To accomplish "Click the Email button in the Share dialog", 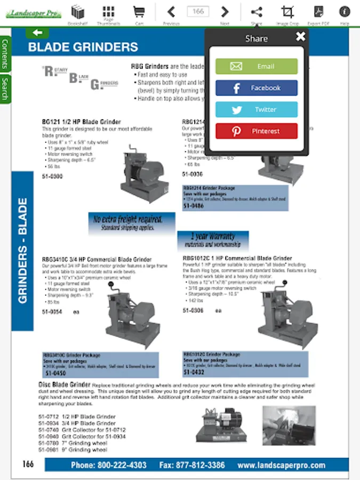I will click(256, 66).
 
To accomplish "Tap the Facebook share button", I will click(256, 88).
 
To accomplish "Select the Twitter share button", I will click(256, 109).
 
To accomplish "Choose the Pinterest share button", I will click(256, 131).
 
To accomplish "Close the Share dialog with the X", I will click(301, 36).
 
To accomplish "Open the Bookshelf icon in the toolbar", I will click(78, 12).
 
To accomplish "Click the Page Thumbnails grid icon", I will click(108, 12).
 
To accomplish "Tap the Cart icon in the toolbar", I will click(139, 12).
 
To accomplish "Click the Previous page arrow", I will click(171, 12).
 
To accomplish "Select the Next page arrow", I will click(225, 12).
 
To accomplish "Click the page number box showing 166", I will click(198, 11).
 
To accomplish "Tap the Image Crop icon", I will click(287, 12).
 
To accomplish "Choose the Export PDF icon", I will click(318, 12).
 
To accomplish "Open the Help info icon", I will click(345, 12).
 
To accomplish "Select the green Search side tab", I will click(5, 89).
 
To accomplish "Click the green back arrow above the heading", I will click(37, 33).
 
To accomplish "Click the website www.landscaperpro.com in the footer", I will click(281, 465).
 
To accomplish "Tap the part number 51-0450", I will click(55, 373).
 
